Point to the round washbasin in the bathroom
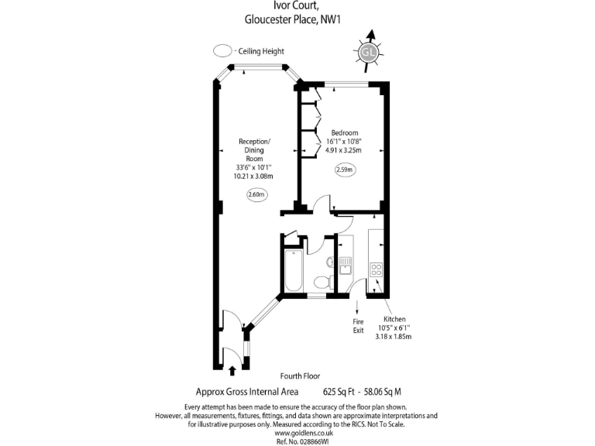point(330,262)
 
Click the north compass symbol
point(368,51)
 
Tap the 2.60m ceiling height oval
point(256,194)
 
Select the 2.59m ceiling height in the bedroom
point(345,169)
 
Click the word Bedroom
point(344,132)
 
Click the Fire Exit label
point(358,325)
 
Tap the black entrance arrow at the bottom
point(232,372)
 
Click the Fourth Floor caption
point(301,376)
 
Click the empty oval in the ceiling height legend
point(223,51)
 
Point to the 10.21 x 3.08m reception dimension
point(254,176)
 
